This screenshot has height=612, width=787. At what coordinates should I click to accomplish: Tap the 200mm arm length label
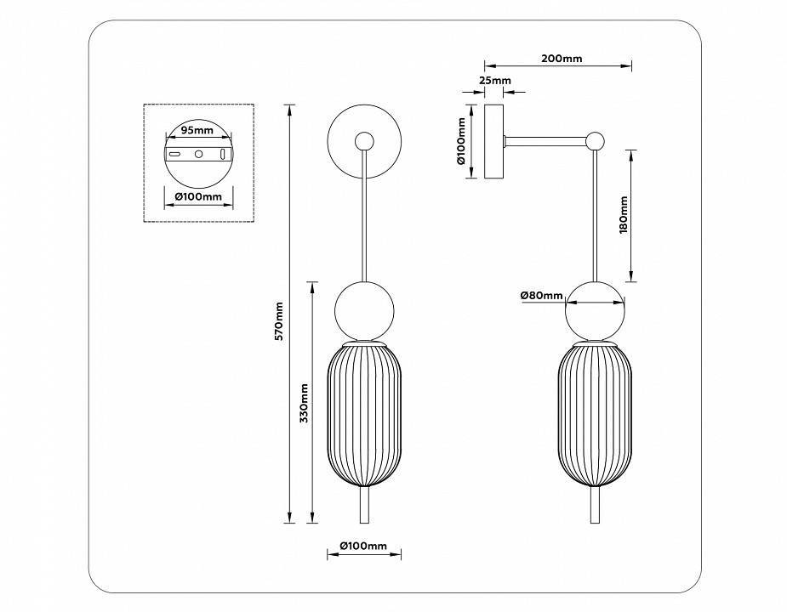click(x=561, y=59)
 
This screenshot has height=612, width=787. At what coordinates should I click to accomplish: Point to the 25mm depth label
click(x=494, y=81)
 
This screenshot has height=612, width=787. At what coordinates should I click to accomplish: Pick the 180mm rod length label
click(x=623, y=216)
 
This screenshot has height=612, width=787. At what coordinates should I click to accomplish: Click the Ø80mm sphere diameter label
click(x=542, y=295)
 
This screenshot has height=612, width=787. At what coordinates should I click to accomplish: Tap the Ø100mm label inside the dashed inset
click(x=197, y=196)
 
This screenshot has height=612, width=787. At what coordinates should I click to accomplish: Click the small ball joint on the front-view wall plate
click(x=365, y=140)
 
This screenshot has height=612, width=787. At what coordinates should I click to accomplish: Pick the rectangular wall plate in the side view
click(x=493, y=141)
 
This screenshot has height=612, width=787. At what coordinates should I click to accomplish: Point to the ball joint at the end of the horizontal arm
click(x=596, y=140)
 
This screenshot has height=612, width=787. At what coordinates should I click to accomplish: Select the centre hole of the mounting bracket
click(x=198, y=155)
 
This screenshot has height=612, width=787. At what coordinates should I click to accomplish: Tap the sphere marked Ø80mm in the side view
click(x=596, y=310)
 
